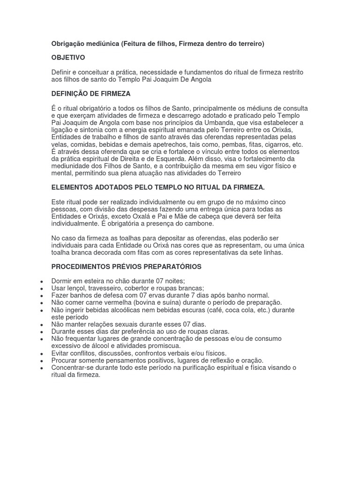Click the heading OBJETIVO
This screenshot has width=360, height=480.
pos(68,58)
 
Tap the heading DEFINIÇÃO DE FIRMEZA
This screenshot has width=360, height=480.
pos(91,94)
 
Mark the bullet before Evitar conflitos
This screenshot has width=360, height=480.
pos(42,353)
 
